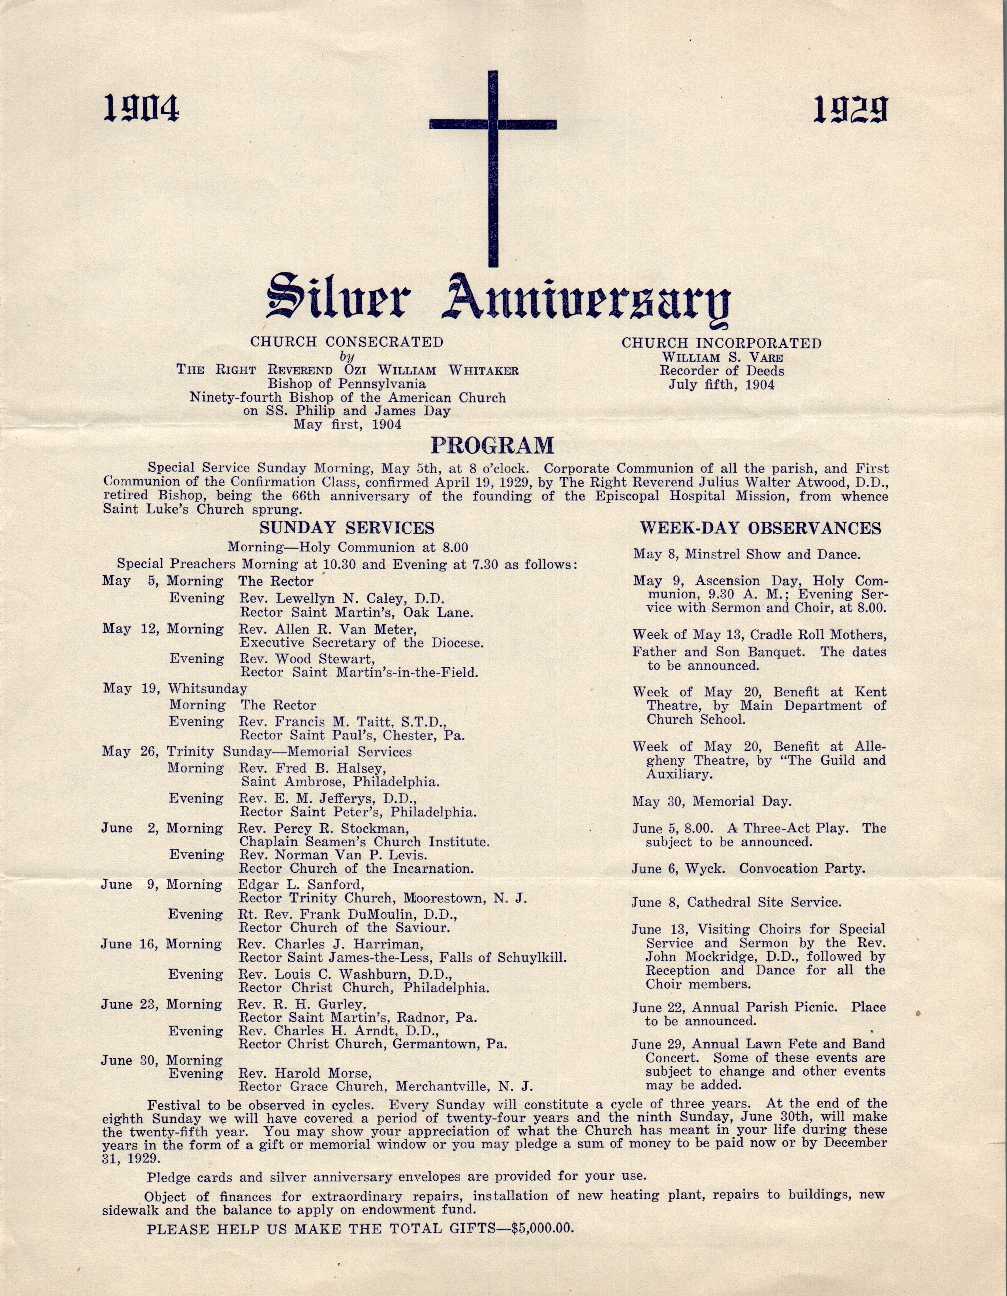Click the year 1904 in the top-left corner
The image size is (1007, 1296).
tap(141, 109)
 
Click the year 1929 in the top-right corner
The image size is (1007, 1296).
tap(850, 110)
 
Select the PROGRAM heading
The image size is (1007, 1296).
tap(492, 445)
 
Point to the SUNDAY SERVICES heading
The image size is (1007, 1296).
tap(347, 528)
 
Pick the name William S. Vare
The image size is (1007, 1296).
tap(722, 358)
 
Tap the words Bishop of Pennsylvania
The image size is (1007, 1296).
tap(347, 384)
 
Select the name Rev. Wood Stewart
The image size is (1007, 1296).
tap(307, 659)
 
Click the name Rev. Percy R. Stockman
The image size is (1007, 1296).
tap(323, 828)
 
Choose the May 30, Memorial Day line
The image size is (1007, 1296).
tap(712, 802)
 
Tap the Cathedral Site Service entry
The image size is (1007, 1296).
tap(764, 903)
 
